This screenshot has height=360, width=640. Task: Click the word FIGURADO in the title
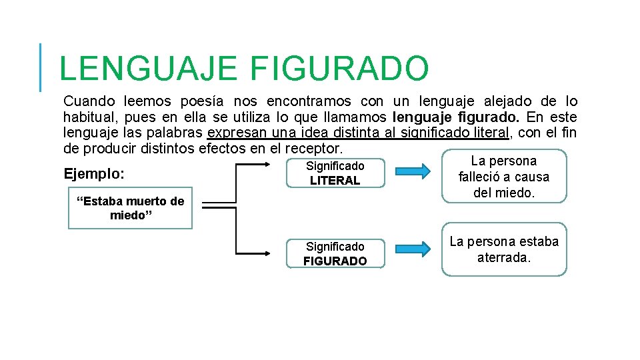339,69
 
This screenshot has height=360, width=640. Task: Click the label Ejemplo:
94,175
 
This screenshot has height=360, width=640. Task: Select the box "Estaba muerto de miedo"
130,209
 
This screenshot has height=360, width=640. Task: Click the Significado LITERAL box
335,173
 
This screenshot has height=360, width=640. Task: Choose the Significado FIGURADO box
335,254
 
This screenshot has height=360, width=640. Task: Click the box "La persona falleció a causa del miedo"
503,177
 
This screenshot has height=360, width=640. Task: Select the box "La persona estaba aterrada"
503,249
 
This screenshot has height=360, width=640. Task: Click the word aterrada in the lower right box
503,258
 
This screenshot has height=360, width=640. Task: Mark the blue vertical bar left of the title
41,67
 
